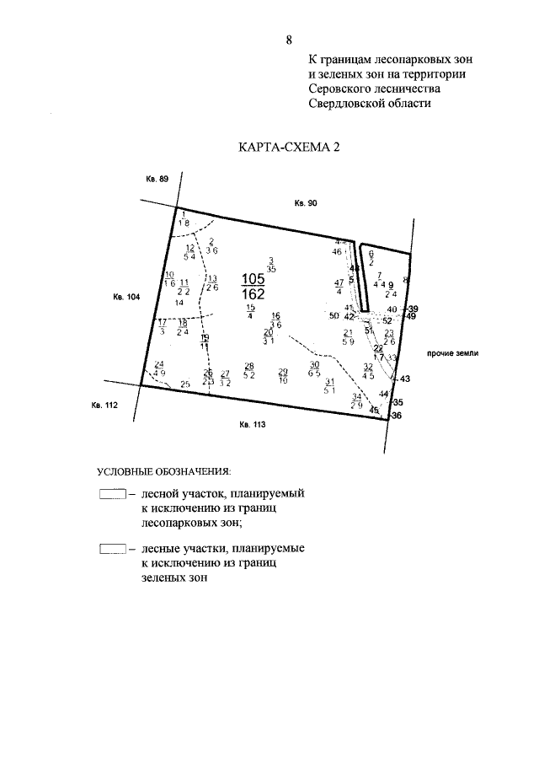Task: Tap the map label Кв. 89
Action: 157,180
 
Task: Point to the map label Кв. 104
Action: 125,296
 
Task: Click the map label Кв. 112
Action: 103,406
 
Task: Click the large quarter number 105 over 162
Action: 253,287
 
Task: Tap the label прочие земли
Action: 452,354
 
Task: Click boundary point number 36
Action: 398,415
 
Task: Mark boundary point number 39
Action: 412,309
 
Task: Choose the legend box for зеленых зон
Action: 112,550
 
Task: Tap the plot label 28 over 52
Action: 249,370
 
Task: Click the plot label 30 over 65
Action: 314,368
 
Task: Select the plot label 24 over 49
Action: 159,368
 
